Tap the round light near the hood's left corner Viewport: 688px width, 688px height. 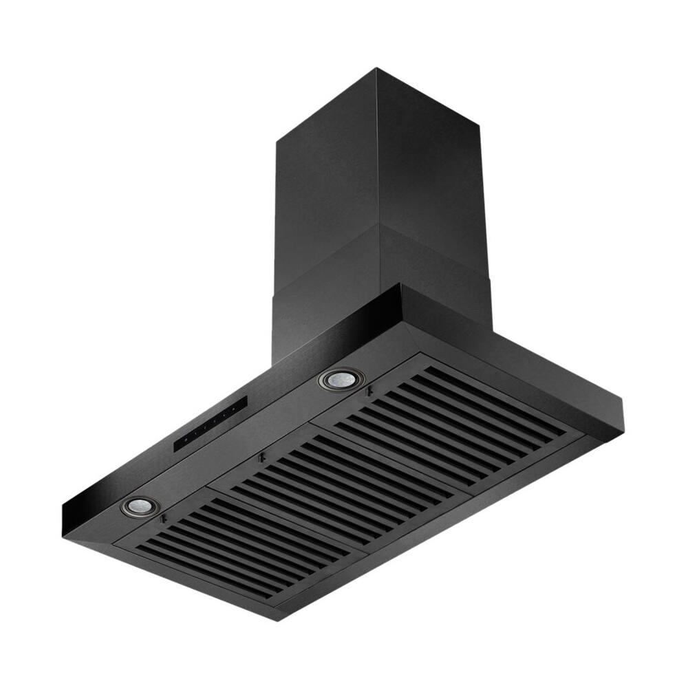pyautogui.click(x=140, y=506)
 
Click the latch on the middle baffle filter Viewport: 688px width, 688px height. pyautogui.click(x=260, y=458)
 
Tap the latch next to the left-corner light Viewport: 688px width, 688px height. pyautogui.click(x=162, y=519)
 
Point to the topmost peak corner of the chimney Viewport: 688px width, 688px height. pyautogui.click(x=376, y=68)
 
